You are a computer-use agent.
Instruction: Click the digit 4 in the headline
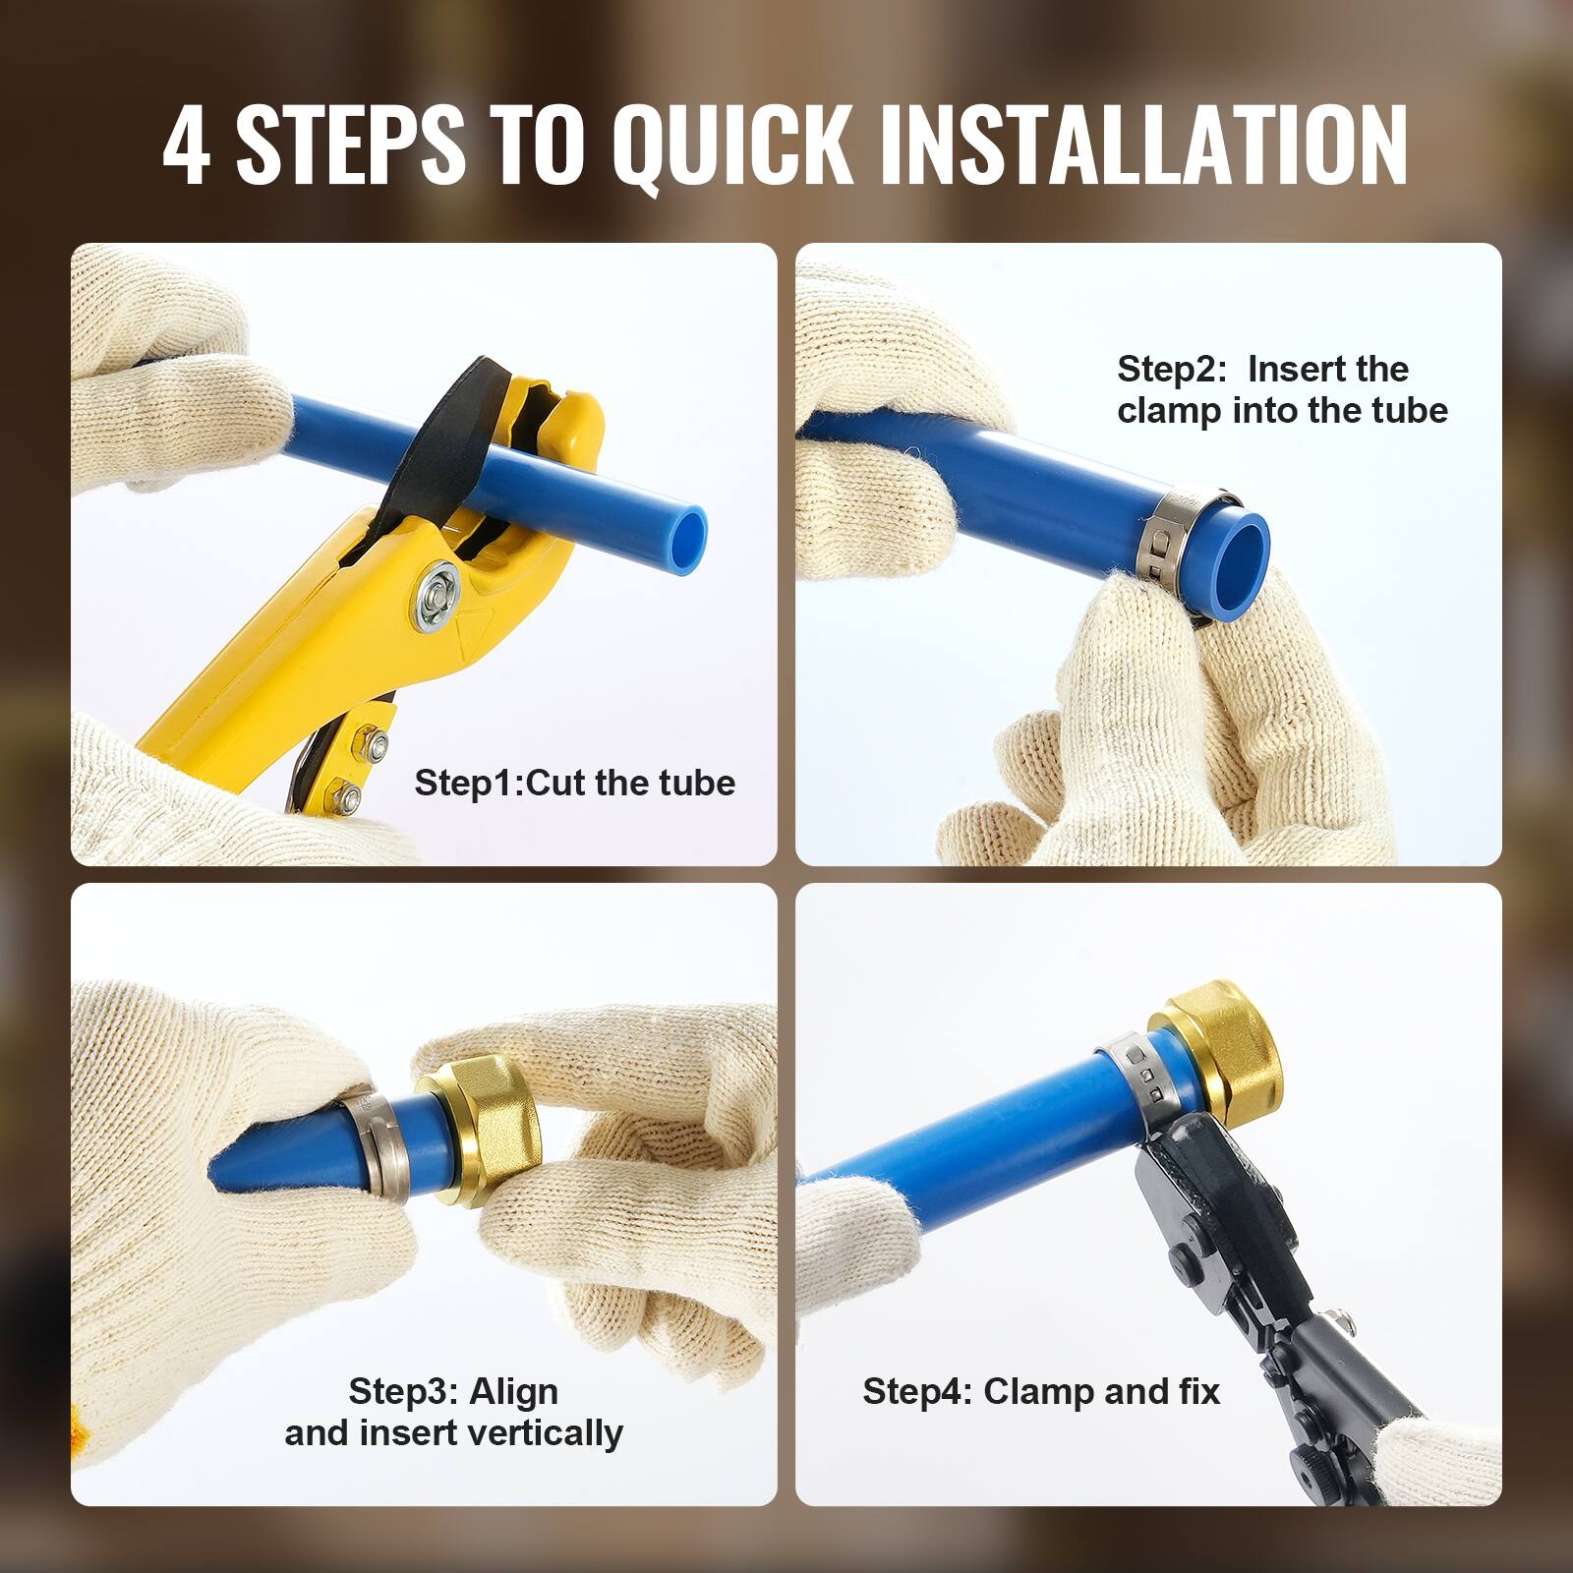click(x=186, y=146)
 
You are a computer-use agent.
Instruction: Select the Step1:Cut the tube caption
click(x=574, y=784)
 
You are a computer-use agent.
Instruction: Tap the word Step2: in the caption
click(x=1171, y=370)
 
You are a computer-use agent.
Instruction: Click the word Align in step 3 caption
click(x=513, y=1392)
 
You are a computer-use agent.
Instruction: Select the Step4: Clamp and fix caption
click(x=1040, y=1392)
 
